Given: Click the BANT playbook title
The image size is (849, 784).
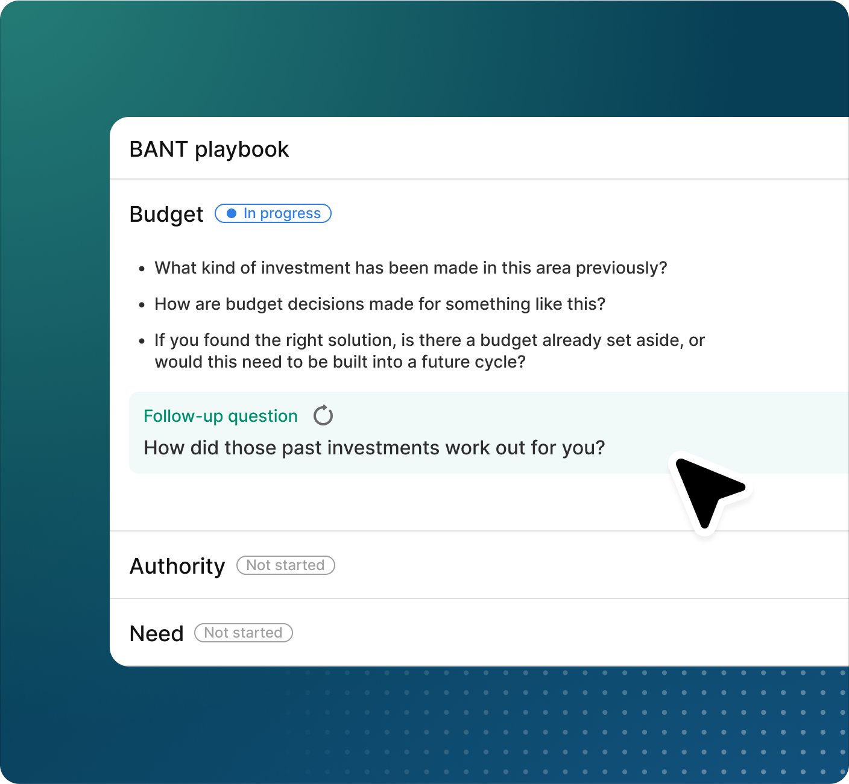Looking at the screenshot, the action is coord(209,149).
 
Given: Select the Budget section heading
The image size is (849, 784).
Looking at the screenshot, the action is coord(166,214).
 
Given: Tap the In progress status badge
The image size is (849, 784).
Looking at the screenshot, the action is coord(273,213).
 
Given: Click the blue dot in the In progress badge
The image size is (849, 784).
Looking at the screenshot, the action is coord(232,213).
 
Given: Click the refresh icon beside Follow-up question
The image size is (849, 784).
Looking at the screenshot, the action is coord(323,415).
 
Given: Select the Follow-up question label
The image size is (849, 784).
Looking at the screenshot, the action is coord(221,416).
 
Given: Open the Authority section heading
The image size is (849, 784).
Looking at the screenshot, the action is coord(177,566).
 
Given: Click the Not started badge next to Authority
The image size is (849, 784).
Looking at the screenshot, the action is coord(286,565).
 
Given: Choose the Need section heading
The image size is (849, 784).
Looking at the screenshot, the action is coord(156,633).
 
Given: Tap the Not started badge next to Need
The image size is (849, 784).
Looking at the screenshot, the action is coord(244,633).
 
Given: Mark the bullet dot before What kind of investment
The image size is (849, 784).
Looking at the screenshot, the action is coord(142,269).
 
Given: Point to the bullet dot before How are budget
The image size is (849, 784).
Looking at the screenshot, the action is coord(142,305).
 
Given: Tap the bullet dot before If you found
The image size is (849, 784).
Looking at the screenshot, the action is coord(142,341).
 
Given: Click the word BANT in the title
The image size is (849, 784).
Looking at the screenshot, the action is coord(159,149).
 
